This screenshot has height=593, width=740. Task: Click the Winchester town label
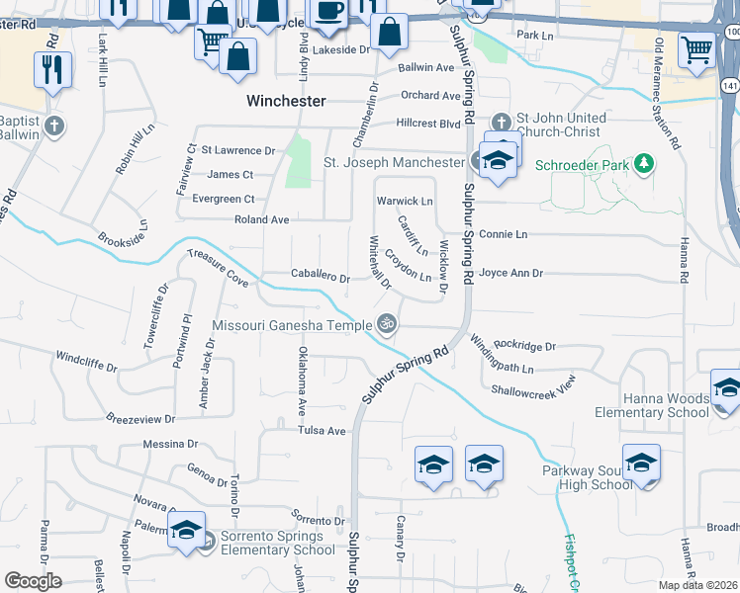point(286,101)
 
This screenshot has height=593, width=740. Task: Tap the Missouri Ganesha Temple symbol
point(387,323)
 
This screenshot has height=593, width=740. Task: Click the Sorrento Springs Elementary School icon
point(186,530)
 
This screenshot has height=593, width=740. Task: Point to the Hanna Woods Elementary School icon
point(726,386)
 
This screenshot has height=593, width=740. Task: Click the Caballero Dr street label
point(321,279)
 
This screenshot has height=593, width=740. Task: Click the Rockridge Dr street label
point(525,346)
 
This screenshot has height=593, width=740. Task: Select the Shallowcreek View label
point(533,388)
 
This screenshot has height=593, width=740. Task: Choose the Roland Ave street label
point(261,219)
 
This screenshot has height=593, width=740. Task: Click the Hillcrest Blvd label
point(428,124)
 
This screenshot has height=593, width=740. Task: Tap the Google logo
point(34,580)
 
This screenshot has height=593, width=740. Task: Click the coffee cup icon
point(327,11)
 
